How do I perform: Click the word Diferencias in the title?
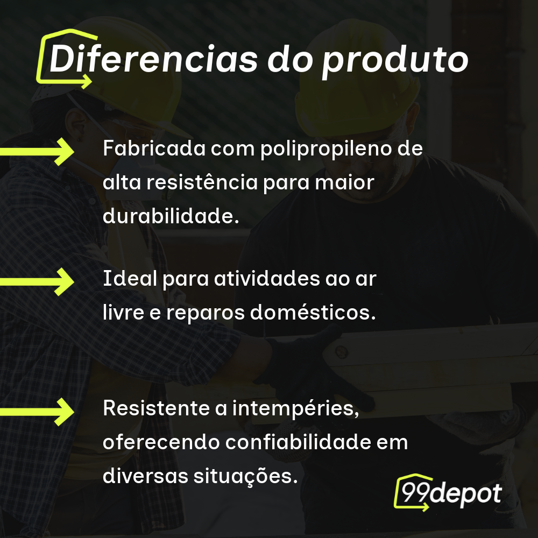click(x=153, y=59)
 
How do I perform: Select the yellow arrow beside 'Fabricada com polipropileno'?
click(x=37, y=152)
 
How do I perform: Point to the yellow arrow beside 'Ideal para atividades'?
click(x=37, y=282)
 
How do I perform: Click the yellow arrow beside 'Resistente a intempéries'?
click(x=37, y=412)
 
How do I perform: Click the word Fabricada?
click(x=154, y=148)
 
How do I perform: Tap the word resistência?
click(x=202, y=182)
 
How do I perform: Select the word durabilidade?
click(x=171, y=216)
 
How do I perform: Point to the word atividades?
click(x=267, y=278)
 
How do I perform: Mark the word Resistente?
click(x=156, y=408)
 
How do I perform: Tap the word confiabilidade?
click(x=298, y=442)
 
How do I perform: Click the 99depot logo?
click(x=448, y=493)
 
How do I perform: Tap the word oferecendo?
click(x=161, y=442)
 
